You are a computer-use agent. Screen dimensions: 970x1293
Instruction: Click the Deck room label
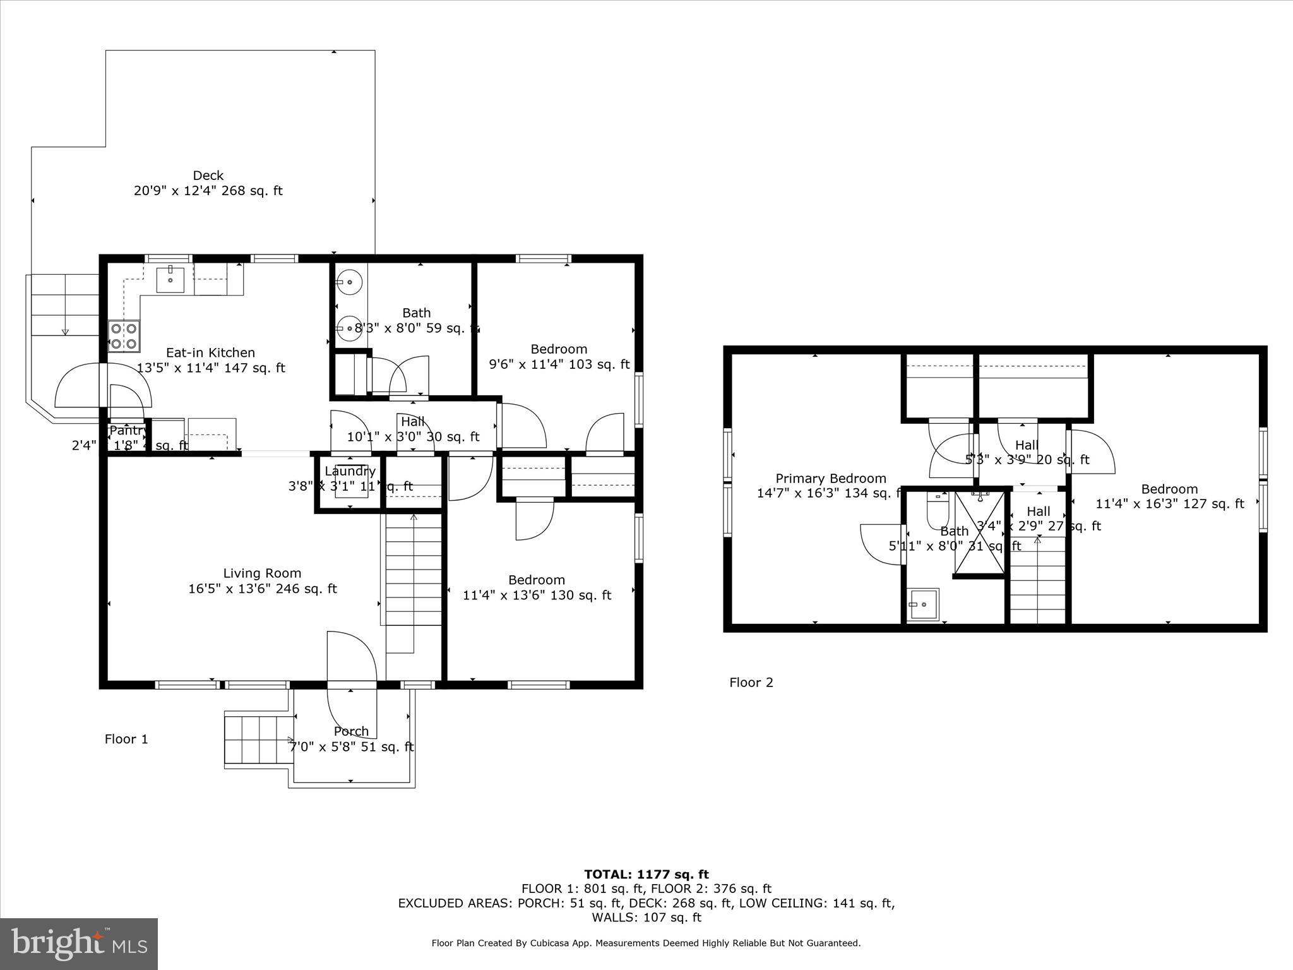pyautogui.click(x=208, y=176)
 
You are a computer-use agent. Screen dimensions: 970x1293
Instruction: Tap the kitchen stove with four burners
pyautogui.click(x=124, y=336)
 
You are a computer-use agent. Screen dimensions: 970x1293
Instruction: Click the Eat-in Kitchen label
pyautogui.click(x=210, y=353)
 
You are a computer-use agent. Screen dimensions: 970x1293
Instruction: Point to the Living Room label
pyautogui.click(x=262, y=573)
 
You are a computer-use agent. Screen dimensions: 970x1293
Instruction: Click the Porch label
pyautogui.click(x=351, y=731)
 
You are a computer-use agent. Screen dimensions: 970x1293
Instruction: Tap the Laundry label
pyautogui.click(x=350, y=471)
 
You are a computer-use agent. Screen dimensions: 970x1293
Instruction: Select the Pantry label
pyautogui.click(x=129, y=431)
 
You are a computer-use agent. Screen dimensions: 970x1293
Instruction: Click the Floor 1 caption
pyautogui.click(x=126, y=739)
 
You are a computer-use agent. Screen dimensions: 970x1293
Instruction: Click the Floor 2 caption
pyautogui.click(x=751, y=682)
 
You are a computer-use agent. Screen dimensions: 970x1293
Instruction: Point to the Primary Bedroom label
pyautogui.click(x=830, y=479)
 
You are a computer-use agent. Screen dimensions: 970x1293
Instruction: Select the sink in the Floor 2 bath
pyautogui.click(x=923, y=604)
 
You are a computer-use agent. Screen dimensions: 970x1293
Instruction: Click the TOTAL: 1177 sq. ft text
pyautogui.click(x=646, y=875)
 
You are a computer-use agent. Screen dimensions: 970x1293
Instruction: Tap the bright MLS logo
pyautogui.click(x=79, y=943)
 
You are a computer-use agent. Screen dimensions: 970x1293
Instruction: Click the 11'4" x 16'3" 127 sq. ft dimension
pyautogui.click(x=1169, y=504)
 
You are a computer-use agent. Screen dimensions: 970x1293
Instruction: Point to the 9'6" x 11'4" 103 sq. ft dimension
pyautogui.click(x=559, y=364)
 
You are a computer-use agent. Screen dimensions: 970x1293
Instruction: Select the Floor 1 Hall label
pyautogui.click(x=412, y=421)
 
